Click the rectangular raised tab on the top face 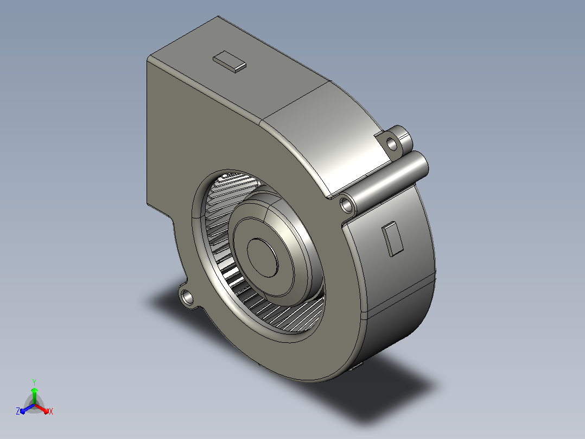(230, 61)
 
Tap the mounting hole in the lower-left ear (187, 297)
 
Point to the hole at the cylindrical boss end (346, 205)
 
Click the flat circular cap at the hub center (263, 258)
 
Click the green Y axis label (34, 382)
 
